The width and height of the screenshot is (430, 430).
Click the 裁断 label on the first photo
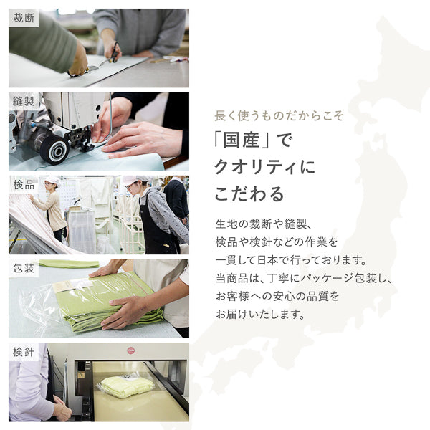pos(23,18)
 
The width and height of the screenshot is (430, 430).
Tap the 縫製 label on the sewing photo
pos(23,101)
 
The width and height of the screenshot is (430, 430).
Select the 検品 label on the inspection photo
pos(23,185)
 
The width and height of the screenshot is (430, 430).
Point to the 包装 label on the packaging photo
pos(23,269)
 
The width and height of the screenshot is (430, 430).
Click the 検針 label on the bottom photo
pos(23,352)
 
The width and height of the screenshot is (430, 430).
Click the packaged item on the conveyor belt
pos(127,386)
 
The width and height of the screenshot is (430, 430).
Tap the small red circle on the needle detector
pos(131,350)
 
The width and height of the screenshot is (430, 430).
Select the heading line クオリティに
pos(264,167)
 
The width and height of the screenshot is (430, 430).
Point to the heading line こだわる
pos(249,193)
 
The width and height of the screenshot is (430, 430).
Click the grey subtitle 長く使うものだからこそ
pos(279,115)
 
